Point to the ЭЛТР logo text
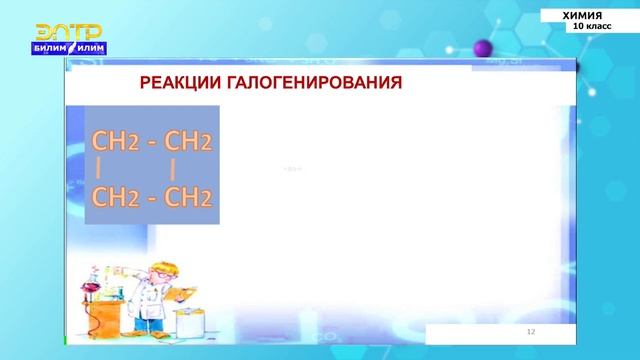coord(69,32)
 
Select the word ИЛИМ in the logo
coord(92,48)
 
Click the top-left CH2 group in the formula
coord(115,141)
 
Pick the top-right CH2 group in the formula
coord(188,141)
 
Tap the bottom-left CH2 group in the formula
coord(115,197)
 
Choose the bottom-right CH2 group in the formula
coord(188,197)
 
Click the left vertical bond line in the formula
coord(99,169)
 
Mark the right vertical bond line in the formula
coord(173,169)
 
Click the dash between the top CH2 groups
coord(152,141)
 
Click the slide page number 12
coord(532,331)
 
